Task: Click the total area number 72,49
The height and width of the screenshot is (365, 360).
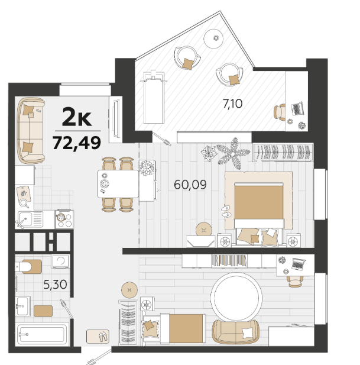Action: click(77, 143)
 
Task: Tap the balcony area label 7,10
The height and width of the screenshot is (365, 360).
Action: click(232, 104)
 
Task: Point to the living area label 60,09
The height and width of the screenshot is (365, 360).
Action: click(190, 185)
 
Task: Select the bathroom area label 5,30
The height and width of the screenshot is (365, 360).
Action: click(56, 285)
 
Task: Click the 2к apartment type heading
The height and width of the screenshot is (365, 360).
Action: click(77, 117)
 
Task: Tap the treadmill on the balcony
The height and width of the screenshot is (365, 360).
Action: click(154, 96)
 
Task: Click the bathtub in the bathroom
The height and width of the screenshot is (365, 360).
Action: click(42, 334)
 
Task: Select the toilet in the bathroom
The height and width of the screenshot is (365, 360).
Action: click(28, 267)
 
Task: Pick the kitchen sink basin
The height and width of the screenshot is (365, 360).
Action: click(25, 219)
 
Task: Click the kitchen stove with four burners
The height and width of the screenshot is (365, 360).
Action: click(64, 219)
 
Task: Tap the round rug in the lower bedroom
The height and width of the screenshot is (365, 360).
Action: click(236, 297)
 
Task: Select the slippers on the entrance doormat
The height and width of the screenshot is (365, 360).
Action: click(103, 337)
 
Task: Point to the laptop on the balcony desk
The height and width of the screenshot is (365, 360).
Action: click(297, 108)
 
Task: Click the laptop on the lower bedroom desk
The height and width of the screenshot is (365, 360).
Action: click(299, 264)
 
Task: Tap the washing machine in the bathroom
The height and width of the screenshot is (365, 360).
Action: click(60, 261)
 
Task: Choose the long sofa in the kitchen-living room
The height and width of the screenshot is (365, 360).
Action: click(31, 130)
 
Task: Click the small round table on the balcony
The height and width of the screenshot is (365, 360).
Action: click(213, 38)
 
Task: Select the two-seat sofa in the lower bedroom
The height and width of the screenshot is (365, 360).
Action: click(236, 332)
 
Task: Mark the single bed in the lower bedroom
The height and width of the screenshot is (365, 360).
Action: click(174, 328)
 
